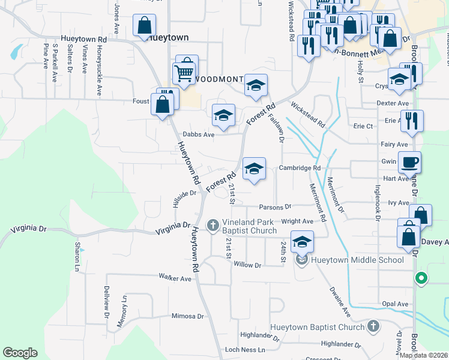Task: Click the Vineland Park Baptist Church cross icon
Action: click(212, 226)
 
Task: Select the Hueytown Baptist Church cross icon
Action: click(373, 326)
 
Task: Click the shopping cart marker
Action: click(184, 73)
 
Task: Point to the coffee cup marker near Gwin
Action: click(409, 163)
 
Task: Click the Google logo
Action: click(20, 353)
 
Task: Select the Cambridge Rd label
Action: click(300, 168)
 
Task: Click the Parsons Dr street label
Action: click(275, 207)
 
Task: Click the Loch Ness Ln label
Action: click(240, 349)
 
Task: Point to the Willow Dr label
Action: click(248, 265)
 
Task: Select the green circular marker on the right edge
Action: click(421, 278)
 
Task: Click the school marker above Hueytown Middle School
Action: click(302, 242)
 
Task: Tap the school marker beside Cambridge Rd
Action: click(254, 169)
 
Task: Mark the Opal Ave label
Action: click(394, 304)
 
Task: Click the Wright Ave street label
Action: click(297, 221)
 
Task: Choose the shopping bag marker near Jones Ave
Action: click(144, 26)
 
